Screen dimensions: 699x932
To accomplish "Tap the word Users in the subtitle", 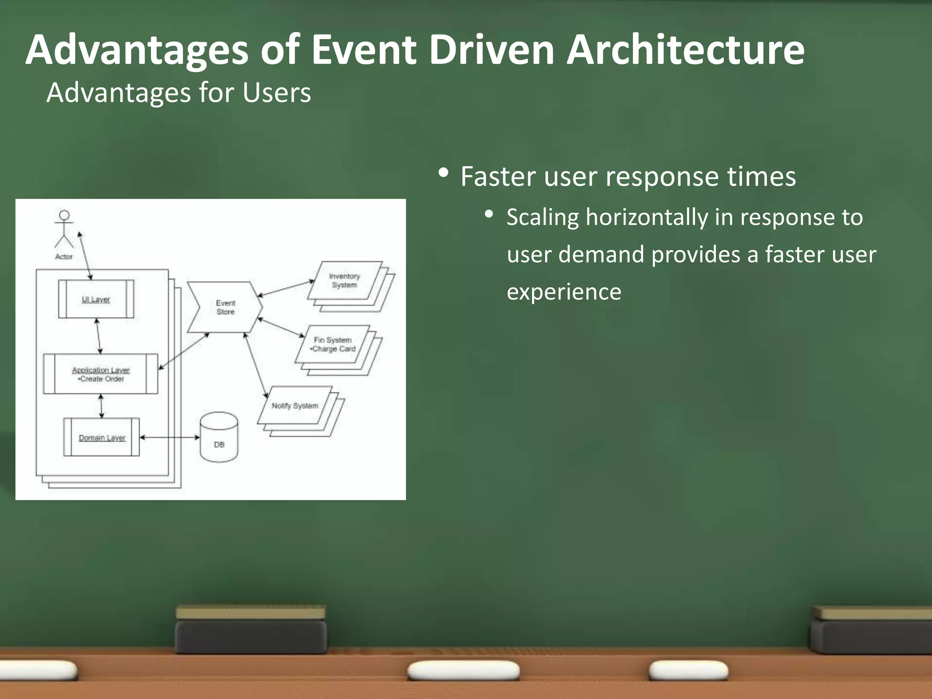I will pyautogui.click(x=276, y=93).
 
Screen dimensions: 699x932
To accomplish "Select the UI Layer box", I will pyautogui.click(x=96, y=299).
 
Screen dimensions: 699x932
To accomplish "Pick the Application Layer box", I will pyautogui.click(x=101, y=374).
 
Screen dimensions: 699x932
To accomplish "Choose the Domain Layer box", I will pyautogui.click(x=101, y=437).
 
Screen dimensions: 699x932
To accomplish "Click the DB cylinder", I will pyautogui.click(x=219, y=438).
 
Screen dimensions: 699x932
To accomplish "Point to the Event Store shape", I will pyautogui.click(x=225, y=307).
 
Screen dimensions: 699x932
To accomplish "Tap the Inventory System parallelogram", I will pyautogui.click(x=344, y=280).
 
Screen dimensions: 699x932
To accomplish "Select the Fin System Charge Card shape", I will pyautogui.click(x=333, y=344).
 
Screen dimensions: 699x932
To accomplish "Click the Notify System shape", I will pyautogui.click(x=295, y=405).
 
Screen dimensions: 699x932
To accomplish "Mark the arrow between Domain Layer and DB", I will pyautogui.click(x=170, y=437).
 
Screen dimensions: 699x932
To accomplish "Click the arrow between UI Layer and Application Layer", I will pyautogui.click(x=98, y=336).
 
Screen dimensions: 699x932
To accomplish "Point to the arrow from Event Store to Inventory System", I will pyautogui.click(x=286, y=289).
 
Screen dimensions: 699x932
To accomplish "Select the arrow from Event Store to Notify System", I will pyautogui.click(x=256, y=366).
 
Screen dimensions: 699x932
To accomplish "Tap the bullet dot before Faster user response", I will pyautogui.click(x=443, y=173).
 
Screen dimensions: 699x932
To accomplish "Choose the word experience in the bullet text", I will pyautogui.click(x=564, y=292).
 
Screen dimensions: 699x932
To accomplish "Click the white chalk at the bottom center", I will pyautogui.click(x=463, y=671).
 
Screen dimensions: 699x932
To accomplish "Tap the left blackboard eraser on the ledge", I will pyautogui.click(x=251, y=630).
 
